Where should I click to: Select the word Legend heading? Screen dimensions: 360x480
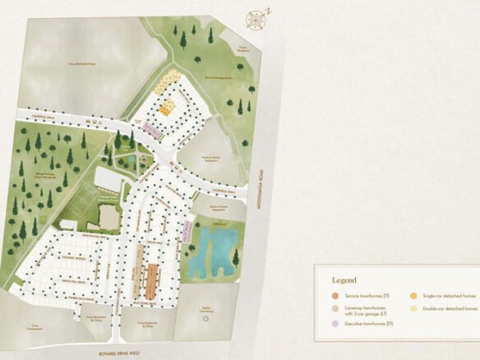point(345,280)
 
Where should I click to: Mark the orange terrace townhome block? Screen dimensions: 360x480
point(150,280)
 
